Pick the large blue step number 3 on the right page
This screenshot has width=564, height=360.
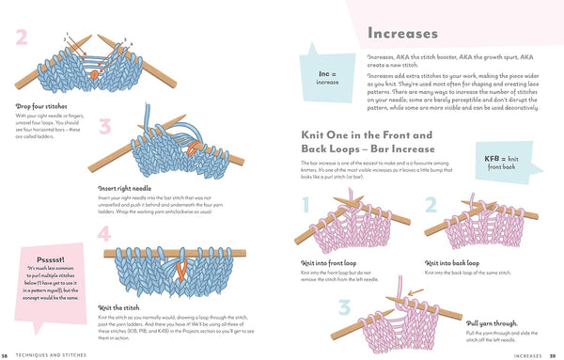pos(344,308)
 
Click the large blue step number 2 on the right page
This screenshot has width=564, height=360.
pos(431,206)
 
